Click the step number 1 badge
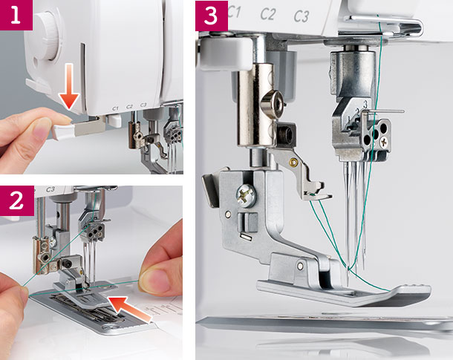pyautogui.click(x=16, y=15)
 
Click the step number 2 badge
pyautogui.click(x=17, y=200)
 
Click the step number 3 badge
pyautogui.click(x=212, y=16)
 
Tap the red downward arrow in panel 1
pyautogui.click(x=69, y=86)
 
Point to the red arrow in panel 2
pyautogui.click(x=129, y=310)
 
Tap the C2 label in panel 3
pyautogui.click(x=268, y=14)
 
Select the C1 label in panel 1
pyautogui.click(x=115, y=108)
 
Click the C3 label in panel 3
pyautogui.click(x=302, y=16)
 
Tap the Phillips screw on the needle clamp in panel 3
pyautogui.click(x=385, y=142)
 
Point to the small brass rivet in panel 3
pyautogui.click(x=293, y=163)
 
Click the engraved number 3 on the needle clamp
pyautogui.click(x=365, y=104)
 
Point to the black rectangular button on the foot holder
pyautogui.click(x=247, y=222)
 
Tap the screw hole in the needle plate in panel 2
pyautogui.click(x=110, y=327)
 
